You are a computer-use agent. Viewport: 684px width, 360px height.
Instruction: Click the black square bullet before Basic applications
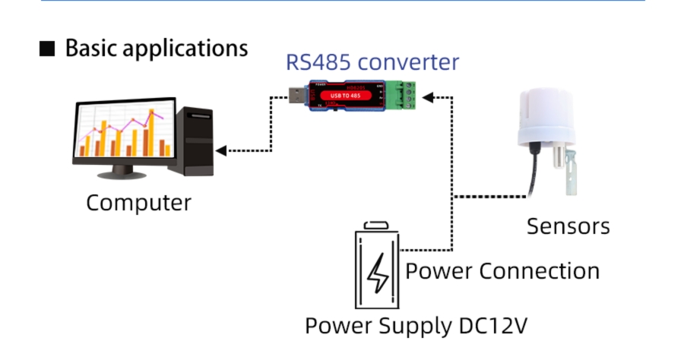(x=47, y=49)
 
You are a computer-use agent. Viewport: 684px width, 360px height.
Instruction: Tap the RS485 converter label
(x=372, y=62)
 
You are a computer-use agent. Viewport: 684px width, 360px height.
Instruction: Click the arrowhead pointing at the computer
(x=220, y=150)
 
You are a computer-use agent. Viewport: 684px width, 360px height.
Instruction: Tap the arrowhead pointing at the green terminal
(x=429, y=97)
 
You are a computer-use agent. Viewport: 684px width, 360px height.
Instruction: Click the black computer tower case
(x=194, y=141)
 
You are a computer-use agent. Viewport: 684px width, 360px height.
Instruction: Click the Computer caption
(x=138, y=204)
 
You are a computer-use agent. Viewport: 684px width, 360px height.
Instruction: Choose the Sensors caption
(x=568, y=226)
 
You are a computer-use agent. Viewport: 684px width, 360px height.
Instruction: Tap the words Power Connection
(x=502, y=271)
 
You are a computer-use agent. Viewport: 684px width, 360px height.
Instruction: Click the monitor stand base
(x=122, y=174)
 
